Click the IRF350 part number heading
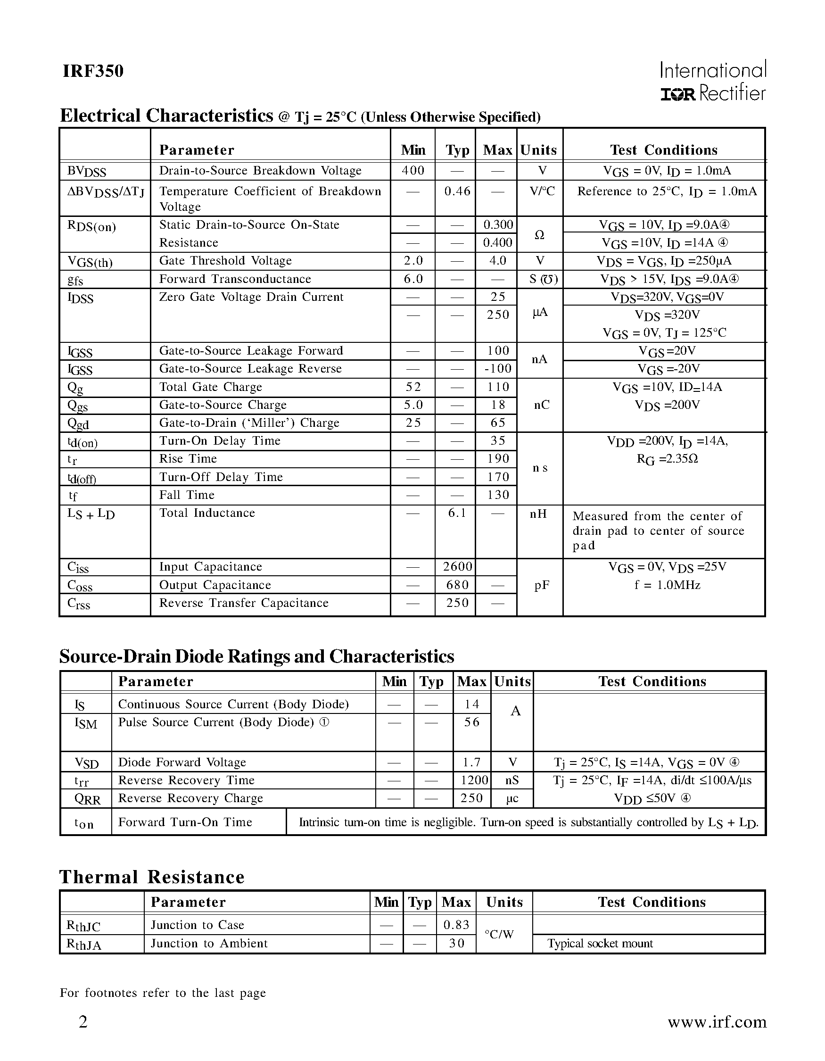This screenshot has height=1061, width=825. (x=93, y=71)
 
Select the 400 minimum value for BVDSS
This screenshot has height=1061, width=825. (x=413, y=171)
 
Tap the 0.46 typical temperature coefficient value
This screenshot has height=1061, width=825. (x=457, y=191)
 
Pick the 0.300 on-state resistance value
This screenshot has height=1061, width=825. (x=498, y=224)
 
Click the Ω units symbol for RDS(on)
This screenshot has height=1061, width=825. (x=539, y=235)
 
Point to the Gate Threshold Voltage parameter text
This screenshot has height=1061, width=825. (x=225, y=261)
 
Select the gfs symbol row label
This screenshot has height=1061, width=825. (x=75, y=280)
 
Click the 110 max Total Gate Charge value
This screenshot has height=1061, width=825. (x=498, y=387)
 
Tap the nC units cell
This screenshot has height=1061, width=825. (x=541, y=405)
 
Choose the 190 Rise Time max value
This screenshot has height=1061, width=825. (x=498, y=459)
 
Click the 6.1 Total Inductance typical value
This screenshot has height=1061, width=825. (x=457, y=513)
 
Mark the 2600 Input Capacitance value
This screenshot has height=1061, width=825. (x=457, y=567)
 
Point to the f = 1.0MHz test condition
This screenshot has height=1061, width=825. (x=667, y=585)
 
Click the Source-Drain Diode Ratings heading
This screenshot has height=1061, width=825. (x=256, y=656)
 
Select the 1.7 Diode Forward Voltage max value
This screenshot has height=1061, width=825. (x=471, y=762)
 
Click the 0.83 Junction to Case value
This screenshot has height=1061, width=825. (x=456, y=925)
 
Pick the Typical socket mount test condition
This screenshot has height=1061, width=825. (x=600, y=944)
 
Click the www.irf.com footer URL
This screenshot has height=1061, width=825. (x=717, y=1022)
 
